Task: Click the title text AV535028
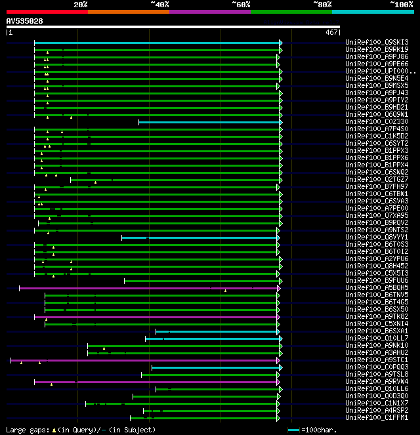click(x=25, y=21)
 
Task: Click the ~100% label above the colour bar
click(x=400, y=4)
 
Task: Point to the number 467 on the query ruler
click(x=331, y=31)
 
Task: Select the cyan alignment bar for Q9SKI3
click(x=157, y=43)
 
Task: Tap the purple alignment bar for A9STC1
click(x=144, y=360)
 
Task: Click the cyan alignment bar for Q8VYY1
click(x=200, y=238)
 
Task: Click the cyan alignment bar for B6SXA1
click(x=217, y=331)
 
